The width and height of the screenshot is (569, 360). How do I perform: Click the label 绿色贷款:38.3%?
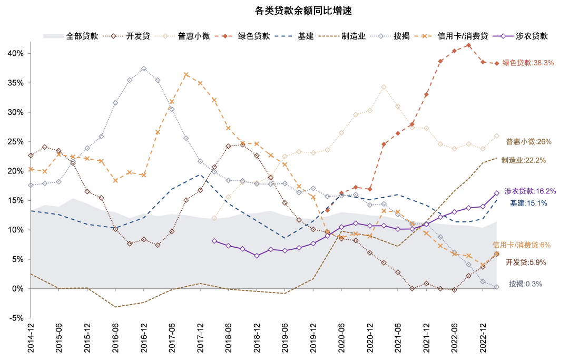tap(527, 63)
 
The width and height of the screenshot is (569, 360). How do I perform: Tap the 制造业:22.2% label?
tap(523, 160)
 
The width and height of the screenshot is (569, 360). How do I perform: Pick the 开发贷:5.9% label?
tap(525, 262)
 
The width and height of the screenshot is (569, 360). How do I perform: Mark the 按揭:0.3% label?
tap(525, 284)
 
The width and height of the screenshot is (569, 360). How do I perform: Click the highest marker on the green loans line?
tap(468, 45)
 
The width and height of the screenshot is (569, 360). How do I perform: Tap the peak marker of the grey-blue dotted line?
tap(144, 69)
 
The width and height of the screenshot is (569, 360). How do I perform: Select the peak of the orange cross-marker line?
tap(186, 75)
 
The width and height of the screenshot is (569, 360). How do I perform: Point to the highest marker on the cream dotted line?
tap(384, 86)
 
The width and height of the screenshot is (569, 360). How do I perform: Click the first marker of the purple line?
tap(214, 241)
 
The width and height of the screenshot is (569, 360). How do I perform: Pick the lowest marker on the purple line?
tap(257, 256)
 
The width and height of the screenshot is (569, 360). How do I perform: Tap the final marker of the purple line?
tap(497, 193)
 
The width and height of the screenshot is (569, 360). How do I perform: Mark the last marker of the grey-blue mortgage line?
tap(497, 287)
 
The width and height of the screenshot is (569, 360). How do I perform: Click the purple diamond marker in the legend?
tap(503, 36)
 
